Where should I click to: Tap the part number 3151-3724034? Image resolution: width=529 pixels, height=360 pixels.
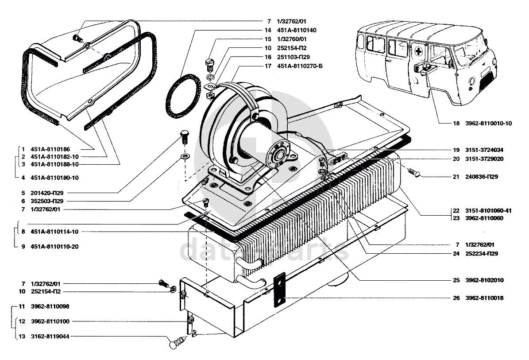[484, 150]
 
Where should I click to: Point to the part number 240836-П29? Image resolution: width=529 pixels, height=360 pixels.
[482, 176]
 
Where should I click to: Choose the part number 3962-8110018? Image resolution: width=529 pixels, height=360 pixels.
[484, 298]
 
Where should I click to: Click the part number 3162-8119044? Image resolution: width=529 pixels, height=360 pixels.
[50, 337]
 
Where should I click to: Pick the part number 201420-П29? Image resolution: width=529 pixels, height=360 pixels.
[47, 193]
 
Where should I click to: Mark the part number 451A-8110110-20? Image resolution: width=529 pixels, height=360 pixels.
[54, 246]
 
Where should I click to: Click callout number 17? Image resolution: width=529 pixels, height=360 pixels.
[268, 66]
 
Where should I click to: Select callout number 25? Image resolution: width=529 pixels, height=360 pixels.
[456, 280]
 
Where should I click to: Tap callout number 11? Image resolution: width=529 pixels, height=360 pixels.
[22, 306]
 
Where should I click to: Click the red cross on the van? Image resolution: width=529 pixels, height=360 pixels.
[419, 52]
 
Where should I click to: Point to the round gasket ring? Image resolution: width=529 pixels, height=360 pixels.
[182, 97]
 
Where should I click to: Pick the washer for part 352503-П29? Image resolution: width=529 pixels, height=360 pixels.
[185, 156]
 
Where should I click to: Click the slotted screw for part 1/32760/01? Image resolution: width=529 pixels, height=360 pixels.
[209, 65]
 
